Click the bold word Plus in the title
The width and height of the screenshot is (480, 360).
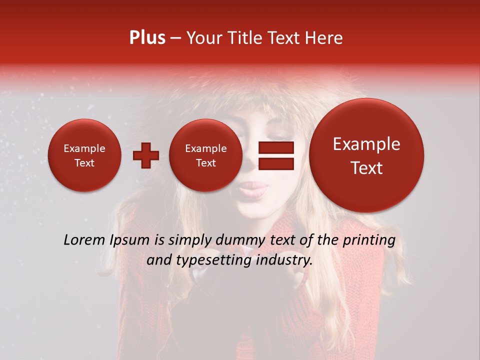[x=147, y=38]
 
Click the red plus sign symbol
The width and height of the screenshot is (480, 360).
[x=146, y=155]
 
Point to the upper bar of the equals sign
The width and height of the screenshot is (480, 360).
[x=275, y=147]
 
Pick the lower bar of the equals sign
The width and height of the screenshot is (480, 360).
[x=275, y=164]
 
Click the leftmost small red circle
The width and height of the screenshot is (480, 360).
[x=84, y=155]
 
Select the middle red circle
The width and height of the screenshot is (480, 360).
[x=206, y=155]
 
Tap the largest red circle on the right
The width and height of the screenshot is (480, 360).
[x=366, y=155]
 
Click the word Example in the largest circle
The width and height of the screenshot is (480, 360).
[x=366, y=144]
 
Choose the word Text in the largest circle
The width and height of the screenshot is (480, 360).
[x=366, y=168]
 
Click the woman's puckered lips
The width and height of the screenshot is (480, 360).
[x=255, y=189]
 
